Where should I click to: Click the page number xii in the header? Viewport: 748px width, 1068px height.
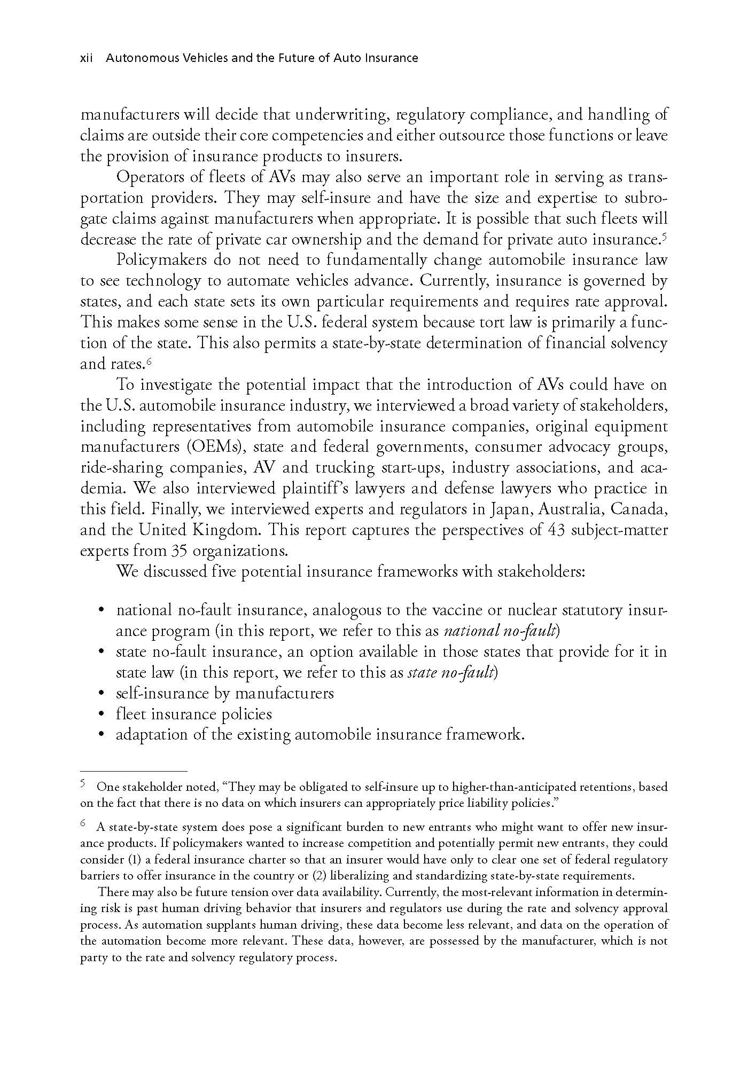(x=86, y=58)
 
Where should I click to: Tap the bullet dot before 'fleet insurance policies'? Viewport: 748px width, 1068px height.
(x=102, y=715)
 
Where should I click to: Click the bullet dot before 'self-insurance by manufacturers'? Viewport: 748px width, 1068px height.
(x=102, y=694)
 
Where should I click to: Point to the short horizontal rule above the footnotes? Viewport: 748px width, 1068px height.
(x=133, y=771)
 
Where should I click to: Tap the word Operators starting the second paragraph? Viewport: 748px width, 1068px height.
(x=144, y=177)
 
